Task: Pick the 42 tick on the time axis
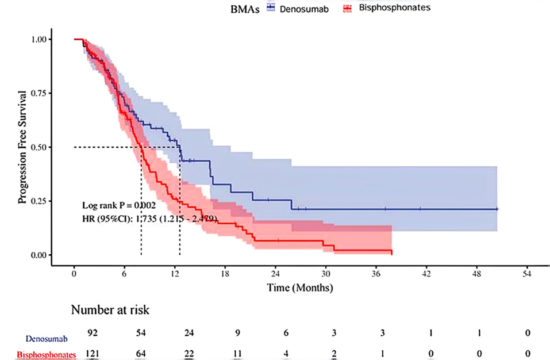[x=426, y=274]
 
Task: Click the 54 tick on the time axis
[x=526, y=274]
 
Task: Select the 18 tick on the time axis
[x=225, y=274]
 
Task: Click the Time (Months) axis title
[x=299, y=286]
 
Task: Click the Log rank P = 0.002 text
[x=120, y=205]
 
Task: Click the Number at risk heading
[x=110, y=310]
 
